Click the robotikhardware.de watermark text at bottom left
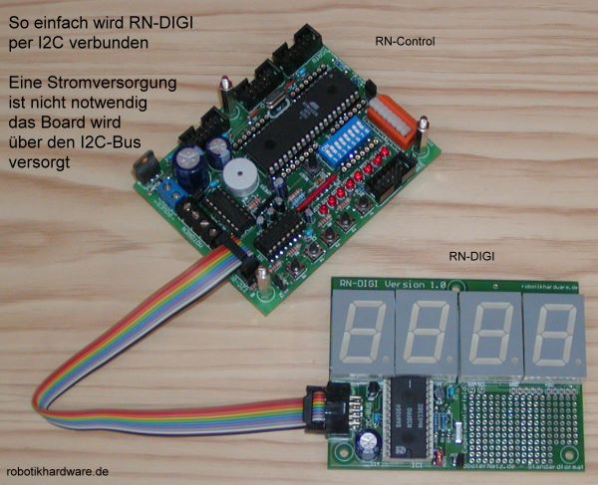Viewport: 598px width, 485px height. [57, 472]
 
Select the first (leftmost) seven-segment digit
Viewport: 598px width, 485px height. [361, 335]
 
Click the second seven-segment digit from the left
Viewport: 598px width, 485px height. [426, 336]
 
